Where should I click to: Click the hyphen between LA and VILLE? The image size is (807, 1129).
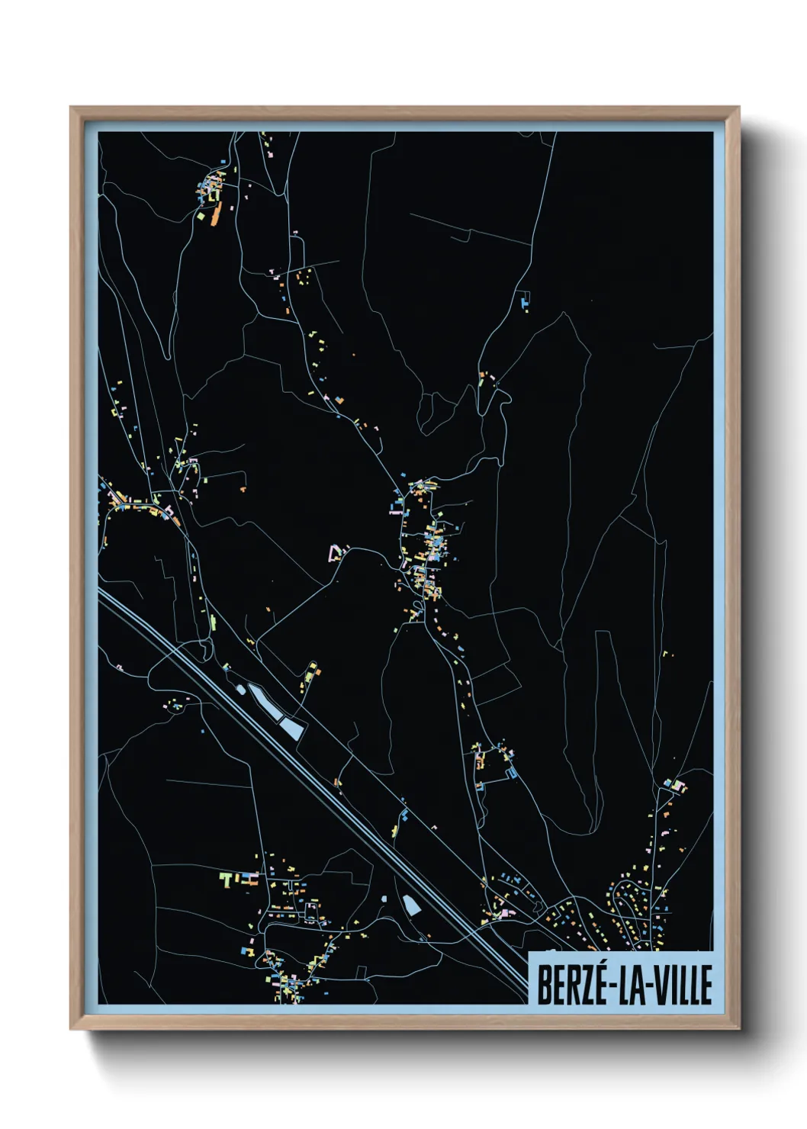click(x=643, y=986)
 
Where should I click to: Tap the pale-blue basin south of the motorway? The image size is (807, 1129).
click(x=411, y=905)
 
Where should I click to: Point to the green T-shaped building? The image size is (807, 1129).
click(x=226, y=880)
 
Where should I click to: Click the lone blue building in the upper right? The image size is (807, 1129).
click(x=524, y=302)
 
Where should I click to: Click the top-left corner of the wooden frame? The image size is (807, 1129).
click(x=72, y=108)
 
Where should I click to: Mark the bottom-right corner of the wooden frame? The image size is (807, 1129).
click(x=738, y=1028)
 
